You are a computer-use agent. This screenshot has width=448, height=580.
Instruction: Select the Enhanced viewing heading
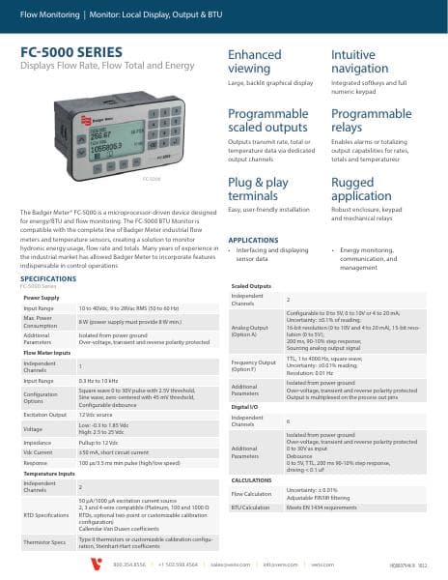(x=255, y=62)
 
